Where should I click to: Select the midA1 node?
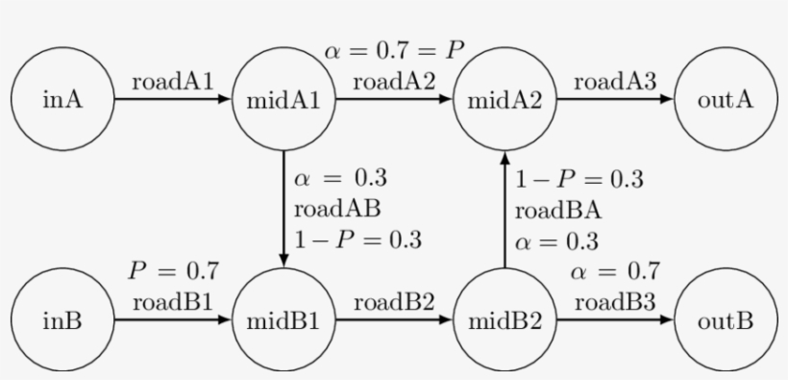(283, 99)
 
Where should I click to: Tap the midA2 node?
(505, 99)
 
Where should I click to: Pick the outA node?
(726, 99)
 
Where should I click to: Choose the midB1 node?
(283, 319)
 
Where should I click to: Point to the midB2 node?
(505, 319)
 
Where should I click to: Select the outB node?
(726, 319)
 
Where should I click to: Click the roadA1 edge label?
(173, 82)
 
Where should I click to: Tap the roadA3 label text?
(615, 82)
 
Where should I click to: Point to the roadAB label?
(337, 209)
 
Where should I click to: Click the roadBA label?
(558, 211)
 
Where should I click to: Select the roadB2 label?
(394, 302)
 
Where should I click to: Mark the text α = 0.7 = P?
(395, 51)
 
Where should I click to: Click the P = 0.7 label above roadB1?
(173, 271)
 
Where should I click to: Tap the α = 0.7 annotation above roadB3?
(615, 272)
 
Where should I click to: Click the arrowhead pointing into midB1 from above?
(283, 260)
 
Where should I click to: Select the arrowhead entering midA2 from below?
(505, 158)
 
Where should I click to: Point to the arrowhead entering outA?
(666, 99)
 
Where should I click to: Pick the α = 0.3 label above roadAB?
(341, 178)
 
